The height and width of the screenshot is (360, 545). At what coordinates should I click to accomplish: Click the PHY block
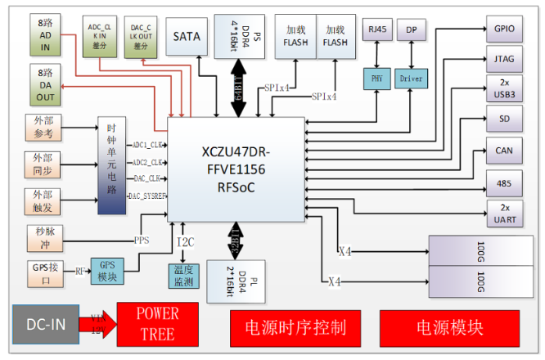tap(377, 79)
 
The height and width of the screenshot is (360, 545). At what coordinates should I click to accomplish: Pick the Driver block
tap(411, 79)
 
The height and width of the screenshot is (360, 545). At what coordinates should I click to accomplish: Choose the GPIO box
tap(504, 29)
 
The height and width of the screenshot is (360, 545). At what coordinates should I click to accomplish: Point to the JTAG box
tap(504, 59)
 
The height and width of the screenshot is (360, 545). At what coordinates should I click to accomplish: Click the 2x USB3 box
tap(504, 88)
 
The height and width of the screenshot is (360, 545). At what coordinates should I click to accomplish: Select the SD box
tap(504, 119)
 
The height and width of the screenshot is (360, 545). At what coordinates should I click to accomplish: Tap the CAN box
tap(504, 150)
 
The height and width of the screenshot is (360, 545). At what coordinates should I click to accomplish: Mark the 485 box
tap(504, 182)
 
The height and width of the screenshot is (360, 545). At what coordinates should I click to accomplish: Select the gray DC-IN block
tap(45, 323)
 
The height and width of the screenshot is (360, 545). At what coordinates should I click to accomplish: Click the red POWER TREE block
tap(157, 324)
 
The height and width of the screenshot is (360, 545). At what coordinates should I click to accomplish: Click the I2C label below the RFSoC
tap(187, 242)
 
